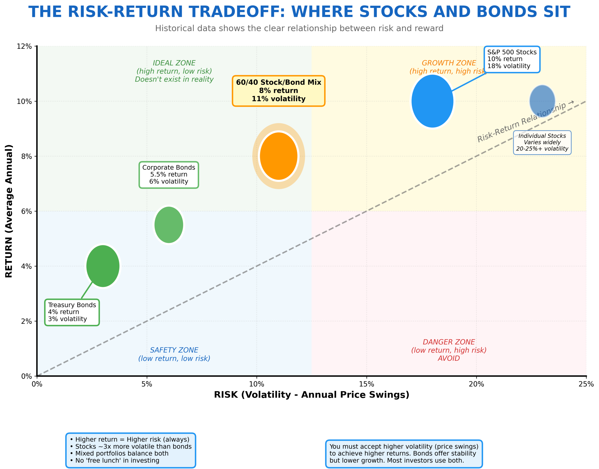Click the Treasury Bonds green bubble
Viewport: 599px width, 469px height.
103,266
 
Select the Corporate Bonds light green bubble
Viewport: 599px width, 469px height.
169,225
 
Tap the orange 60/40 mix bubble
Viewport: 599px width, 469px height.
279,156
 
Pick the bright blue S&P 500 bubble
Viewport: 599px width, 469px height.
432,101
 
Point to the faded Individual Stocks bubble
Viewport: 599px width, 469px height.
542,101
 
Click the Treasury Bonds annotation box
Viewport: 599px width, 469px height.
72,312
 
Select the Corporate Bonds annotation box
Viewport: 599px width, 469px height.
169,175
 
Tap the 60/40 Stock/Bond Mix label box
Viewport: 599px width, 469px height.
278,91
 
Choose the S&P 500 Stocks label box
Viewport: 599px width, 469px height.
512,59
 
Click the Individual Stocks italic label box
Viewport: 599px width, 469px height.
542,142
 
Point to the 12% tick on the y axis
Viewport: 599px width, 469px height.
24,46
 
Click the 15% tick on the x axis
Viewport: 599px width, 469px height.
366,384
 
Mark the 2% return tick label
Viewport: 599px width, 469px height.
26,321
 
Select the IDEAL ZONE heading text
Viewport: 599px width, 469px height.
174,63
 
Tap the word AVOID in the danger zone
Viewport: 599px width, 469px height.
449,359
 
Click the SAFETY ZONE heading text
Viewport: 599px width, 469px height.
174,350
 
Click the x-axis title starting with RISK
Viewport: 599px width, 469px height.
312,395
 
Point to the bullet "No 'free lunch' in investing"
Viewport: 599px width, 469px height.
117,461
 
